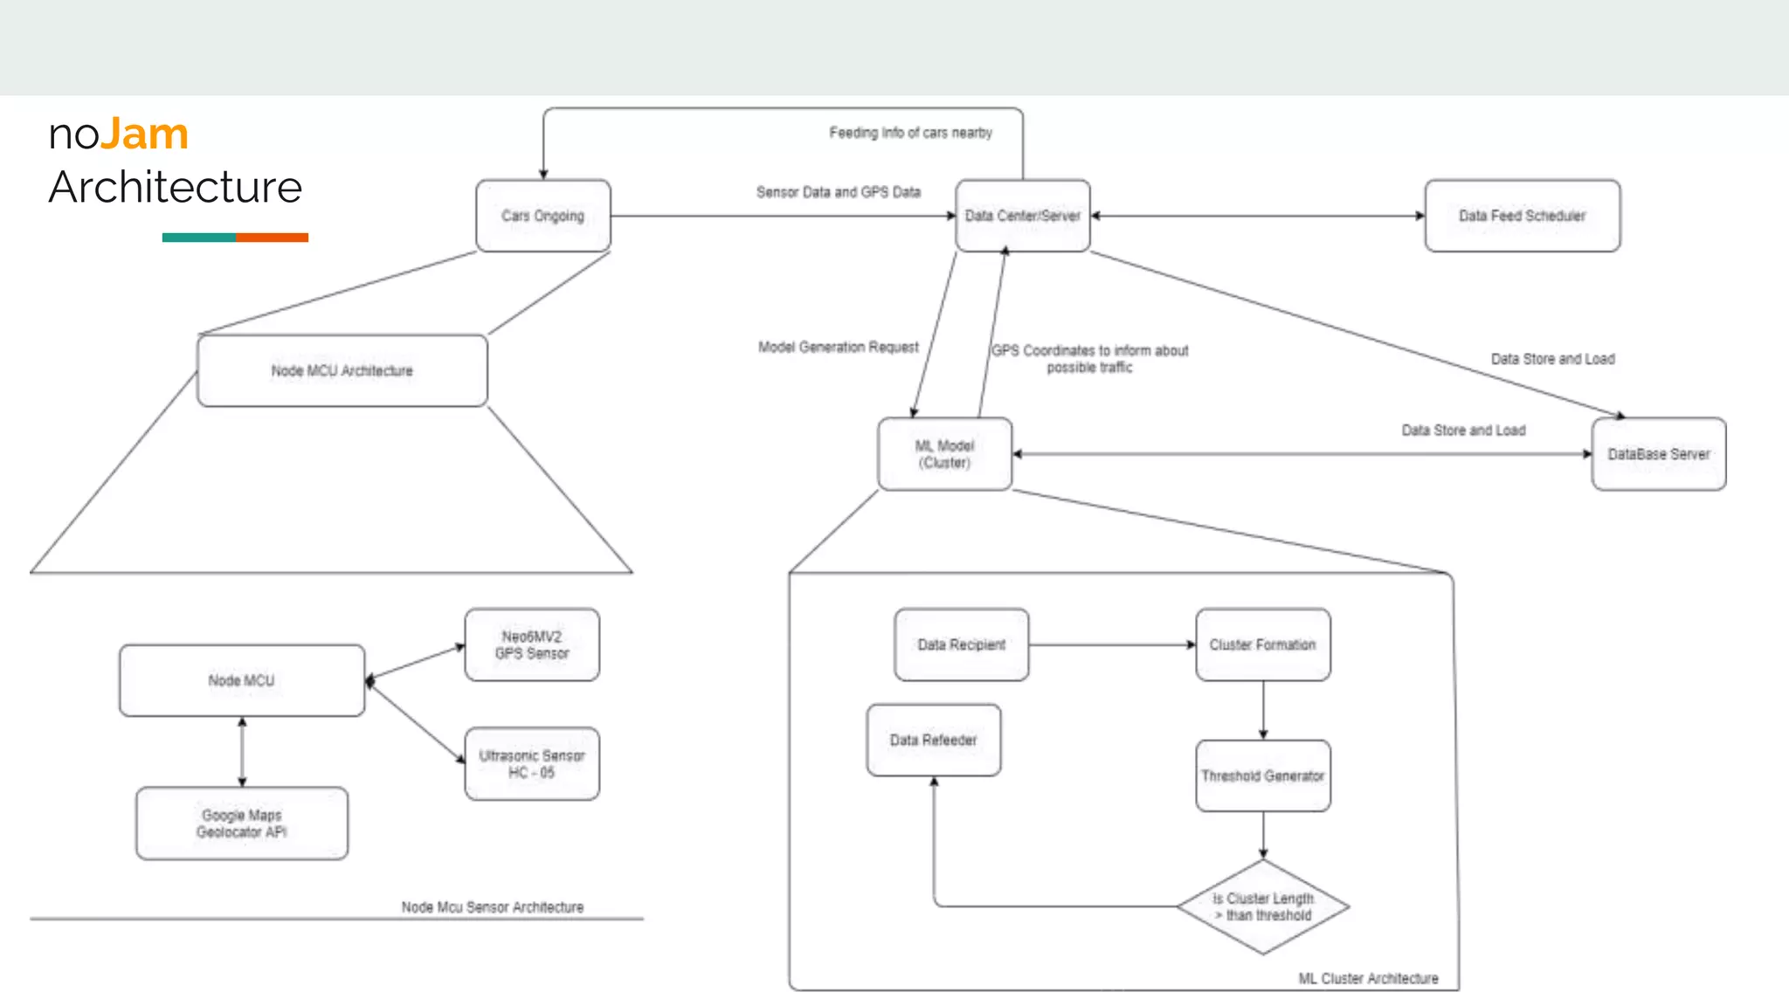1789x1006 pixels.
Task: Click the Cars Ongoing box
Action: [542, 216]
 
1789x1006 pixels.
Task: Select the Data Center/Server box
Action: [1022, 216]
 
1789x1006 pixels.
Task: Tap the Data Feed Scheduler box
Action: [1522, 216]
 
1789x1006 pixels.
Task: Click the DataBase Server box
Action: [1658, 454]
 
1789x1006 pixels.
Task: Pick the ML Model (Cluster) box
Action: [944, 454]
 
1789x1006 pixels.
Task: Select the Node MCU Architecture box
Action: [342, 371]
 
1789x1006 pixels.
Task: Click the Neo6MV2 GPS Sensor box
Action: [532, 644]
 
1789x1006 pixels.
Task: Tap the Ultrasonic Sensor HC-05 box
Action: [532, 764]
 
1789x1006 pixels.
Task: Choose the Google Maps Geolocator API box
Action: [241, 823]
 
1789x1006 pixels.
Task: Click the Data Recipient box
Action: [961, 644]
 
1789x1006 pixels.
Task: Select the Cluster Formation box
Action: [1262, 644]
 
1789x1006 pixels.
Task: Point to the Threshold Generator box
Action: [1262, 775]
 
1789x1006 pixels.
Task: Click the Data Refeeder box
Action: [933, 740]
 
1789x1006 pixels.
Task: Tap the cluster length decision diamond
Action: [1262, 906]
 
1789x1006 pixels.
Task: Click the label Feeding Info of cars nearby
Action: [910, 133]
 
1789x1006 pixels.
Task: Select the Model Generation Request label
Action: [838, 348]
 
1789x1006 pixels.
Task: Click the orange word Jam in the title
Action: [144, 134]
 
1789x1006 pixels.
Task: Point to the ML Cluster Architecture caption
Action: [1368, 979]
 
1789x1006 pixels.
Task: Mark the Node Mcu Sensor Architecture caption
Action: [492, 907]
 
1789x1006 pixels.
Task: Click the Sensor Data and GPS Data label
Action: [838, 192]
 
